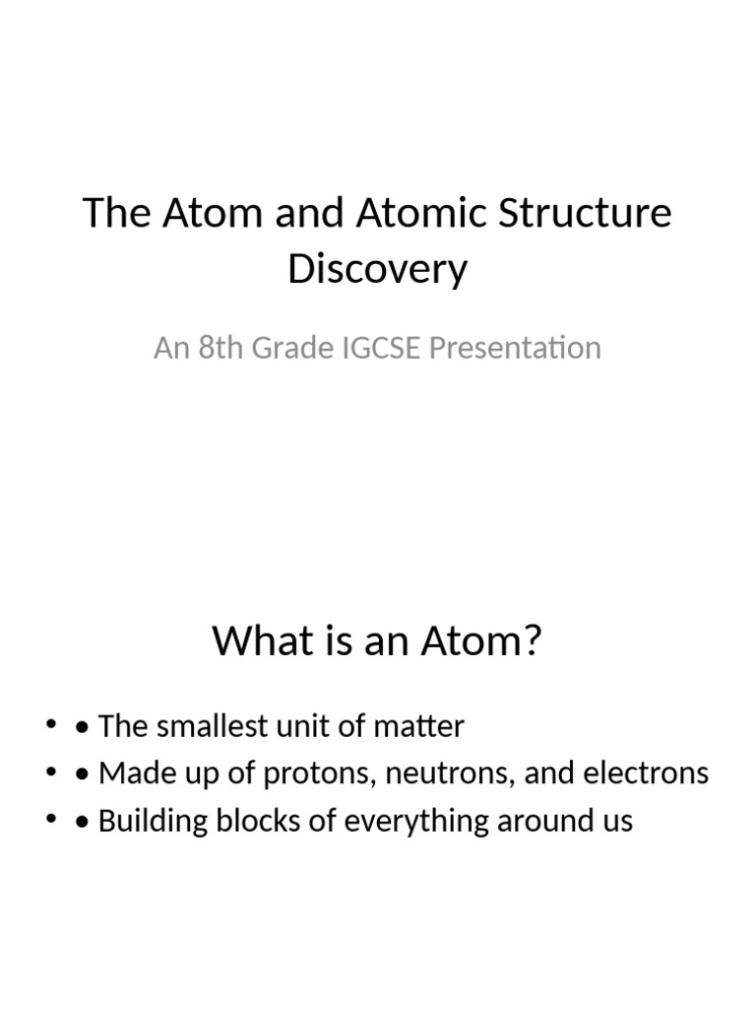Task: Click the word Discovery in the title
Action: [x=377, y=270]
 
